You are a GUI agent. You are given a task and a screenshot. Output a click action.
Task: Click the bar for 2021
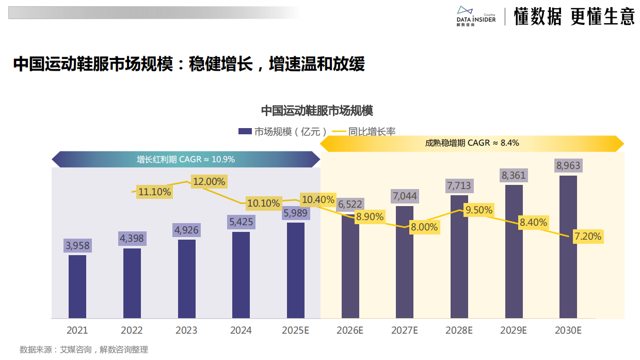[x=77, y=287]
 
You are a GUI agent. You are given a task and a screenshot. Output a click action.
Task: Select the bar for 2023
[x=186, y=279]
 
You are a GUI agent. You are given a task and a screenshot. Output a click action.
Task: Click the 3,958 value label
[x=77, y=246]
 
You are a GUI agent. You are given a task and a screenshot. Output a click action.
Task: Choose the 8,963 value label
[x=568, y=166]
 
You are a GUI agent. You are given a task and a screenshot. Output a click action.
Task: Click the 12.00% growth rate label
[x=209, y=182]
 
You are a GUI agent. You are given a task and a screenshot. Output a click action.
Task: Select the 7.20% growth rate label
[x=588, y=237]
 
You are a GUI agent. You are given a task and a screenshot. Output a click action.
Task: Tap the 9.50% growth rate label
[x=479, y=210]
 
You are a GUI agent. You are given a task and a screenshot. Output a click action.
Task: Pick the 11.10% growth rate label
[x=154, y=192]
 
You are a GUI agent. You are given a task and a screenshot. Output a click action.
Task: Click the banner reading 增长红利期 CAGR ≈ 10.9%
[x=186, y=160]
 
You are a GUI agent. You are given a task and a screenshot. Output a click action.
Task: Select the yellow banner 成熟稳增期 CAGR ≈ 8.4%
[x=472, y=143]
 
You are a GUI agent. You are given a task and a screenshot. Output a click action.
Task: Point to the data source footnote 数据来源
[x=84, y=350]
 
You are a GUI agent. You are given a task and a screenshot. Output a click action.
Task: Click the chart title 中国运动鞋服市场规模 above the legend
[x=316, y=111]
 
